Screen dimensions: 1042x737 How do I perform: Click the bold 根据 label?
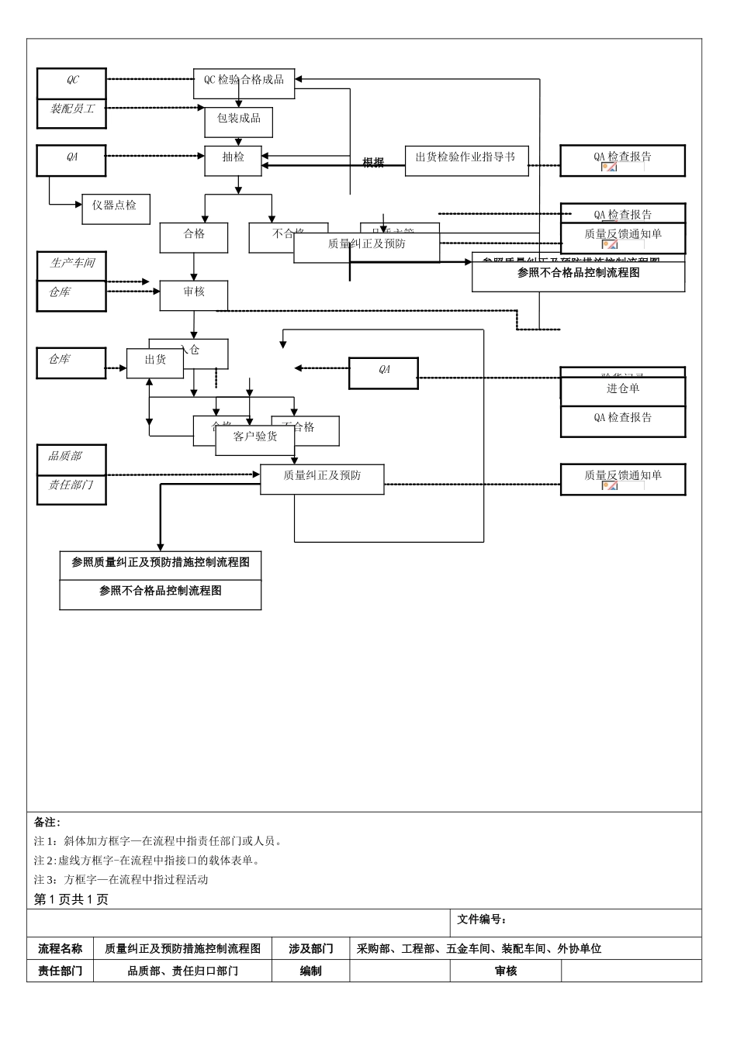point(373,163)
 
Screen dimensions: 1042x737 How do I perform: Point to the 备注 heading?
point(47,822)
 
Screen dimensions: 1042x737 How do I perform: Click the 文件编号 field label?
point(481,920)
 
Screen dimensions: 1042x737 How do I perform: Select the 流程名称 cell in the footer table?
point(60,948)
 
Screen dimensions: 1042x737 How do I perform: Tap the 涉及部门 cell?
point(310,948)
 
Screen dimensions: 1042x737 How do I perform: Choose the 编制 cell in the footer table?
point(310,971)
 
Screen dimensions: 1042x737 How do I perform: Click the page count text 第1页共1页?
point(71,899)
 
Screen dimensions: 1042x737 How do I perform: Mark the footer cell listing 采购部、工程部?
point(479,948)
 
